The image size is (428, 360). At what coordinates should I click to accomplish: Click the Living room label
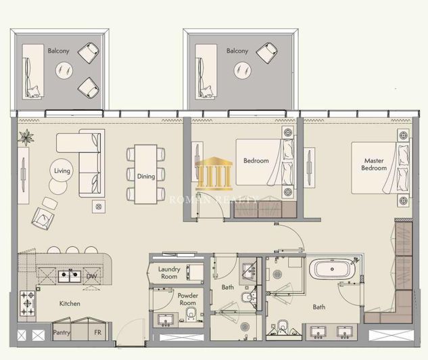coord(62,171)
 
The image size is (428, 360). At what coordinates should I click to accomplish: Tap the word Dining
coord(145,177)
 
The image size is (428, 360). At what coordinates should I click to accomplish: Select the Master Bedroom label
coord(374,164)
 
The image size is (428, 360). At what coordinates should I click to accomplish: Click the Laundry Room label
coord(169,273)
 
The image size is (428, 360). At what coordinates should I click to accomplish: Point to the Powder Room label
coord(187,299)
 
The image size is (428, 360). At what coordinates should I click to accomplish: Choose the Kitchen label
coord(70,304)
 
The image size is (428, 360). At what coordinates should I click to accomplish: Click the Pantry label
coord(62,333)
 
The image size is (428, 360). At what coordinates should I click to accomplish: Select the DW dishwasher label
coord(91,276)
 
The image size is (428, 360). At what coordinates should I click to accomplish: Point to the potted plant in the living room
coord(26,137)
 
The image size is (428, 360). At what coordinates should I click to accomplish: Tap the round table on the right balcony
coord(241,68)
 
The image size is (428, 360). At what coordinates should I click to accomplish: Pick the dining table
coord(145,174)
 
